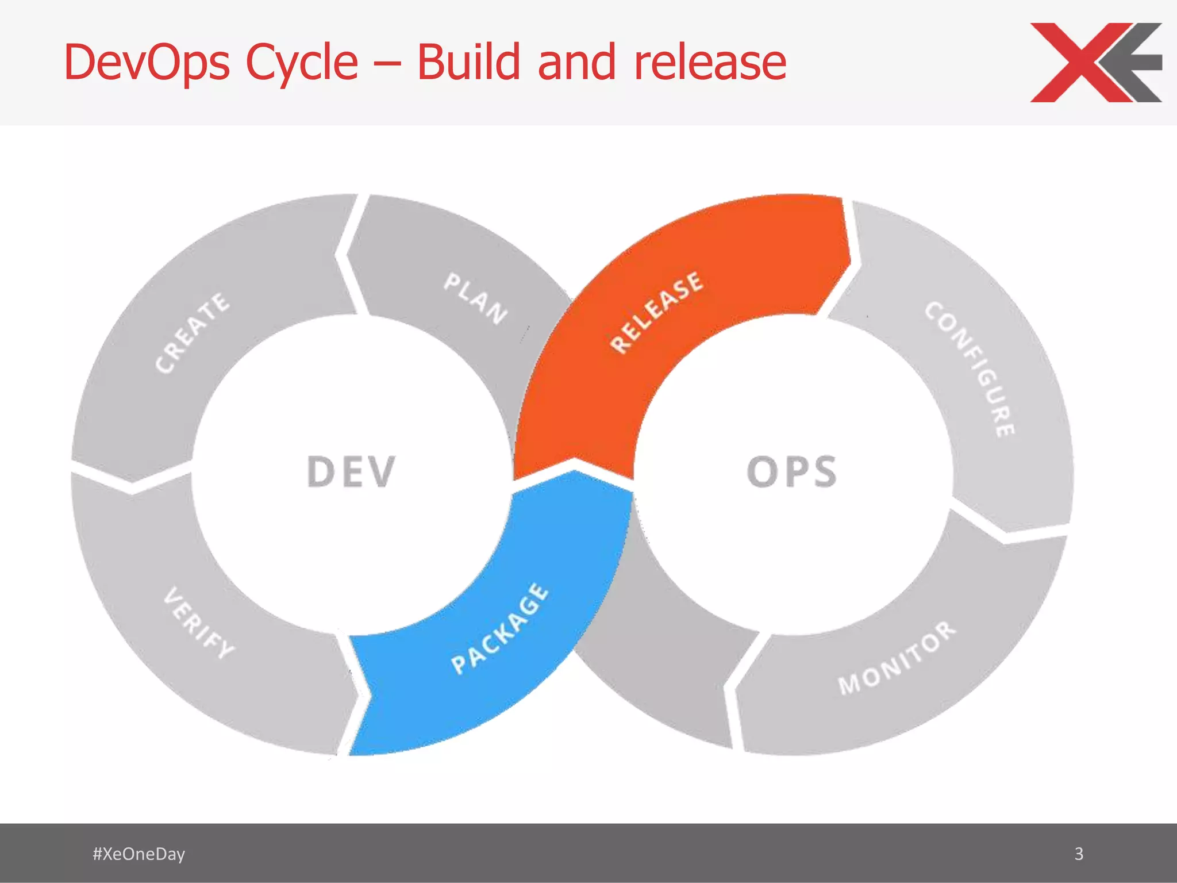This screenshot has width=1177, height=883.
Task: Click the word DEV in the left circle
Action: tap(351, 471)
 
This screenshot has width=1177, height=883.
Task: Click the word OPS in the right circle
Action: tap(791, 471)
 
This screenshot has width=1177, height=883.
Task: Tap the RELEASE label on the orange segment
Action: tap(656, 312)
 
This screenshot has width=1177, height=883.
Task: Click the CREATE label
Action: tap(192, 332)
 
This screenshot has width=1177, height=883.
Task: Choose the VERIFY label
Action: tap(199, 623)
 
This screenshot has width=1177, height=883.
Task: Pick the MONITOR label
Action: tap(897, 658)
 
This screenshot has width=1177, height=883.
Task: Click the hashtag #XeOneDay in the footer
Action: tap(139, 854)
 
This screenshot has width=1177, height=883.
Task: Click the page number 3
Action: tap(1079, 854)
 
